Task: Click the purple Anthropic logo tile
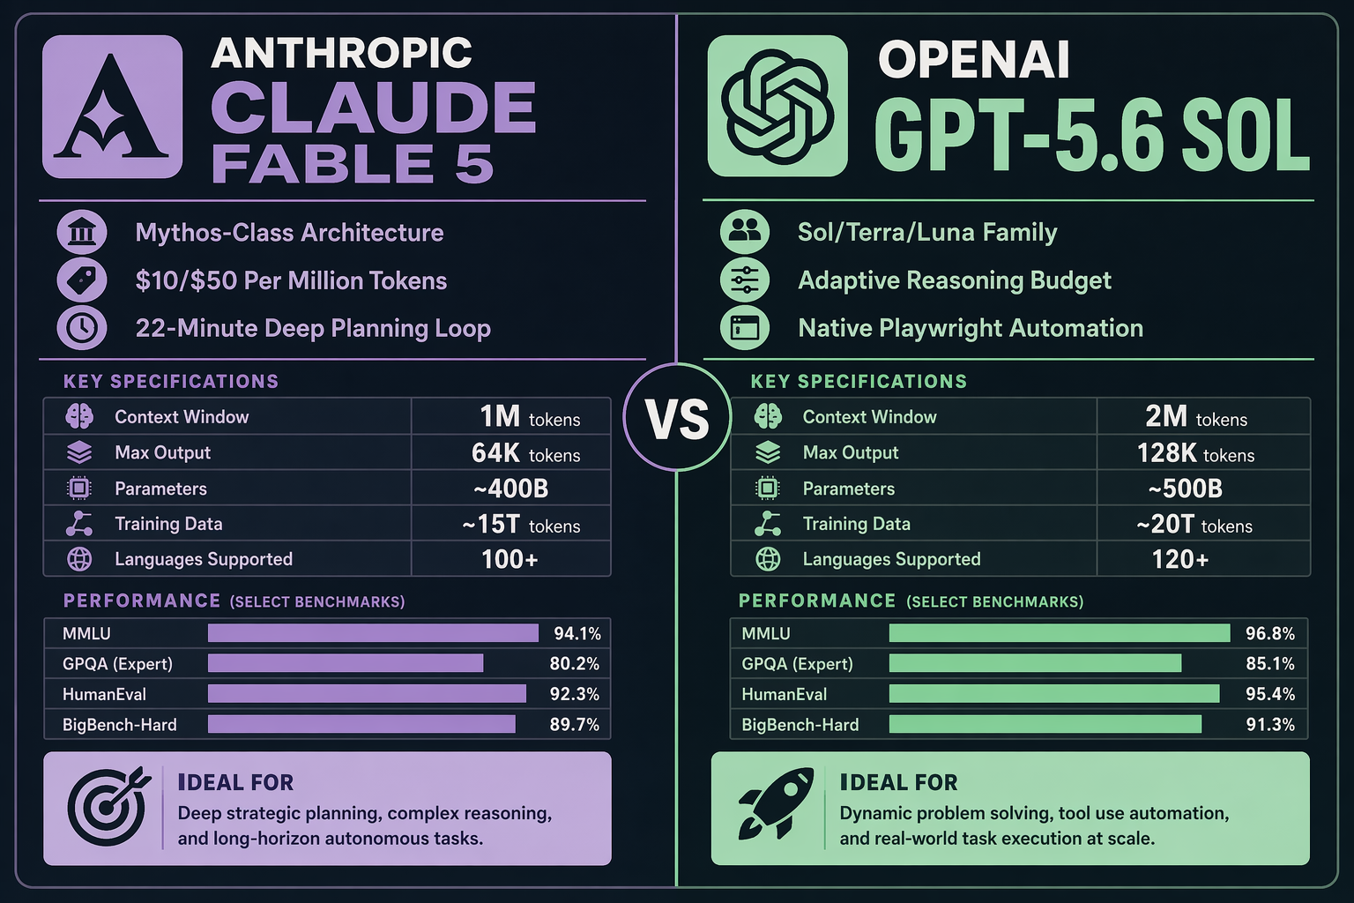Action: pos(113,107)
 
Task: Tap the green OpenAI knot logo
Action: pos(777,106)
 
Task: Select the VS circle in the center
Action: pos(677,417)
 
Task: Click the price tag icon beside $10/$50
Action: pos(82,280)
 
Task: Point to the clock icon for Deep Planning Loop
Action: pos(82,328)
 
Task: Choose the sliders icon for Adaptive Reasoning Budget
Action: pos(745,280)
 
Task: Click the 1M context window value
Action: pos(530,417)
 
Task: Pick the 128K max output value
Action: pos(1195,453)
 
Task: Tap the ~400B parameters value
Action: pos(510,489)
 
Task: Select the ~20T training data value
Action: pos(1194,525)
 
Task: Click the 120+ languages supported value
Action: pos(1180,559)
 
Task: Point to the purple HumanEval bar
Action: pos(367,694)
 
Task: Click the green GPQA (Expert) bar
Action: pos(1035,663)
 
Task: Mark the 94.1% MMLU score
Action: pos(577,633)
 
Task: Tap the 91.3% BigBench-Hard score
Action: pos(1270,725)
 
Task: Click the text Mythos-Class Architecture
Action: pos(289,233)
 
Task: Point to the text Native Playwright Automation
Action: pos(971,328)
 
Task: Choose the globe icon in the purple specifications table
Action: pos(79,559)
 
